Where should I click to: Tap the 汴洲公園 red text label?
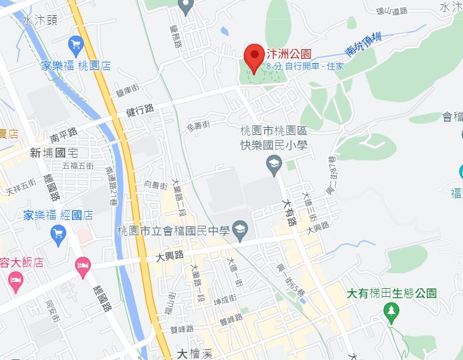point(288,55)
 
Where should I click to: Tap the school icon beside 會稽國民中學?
point(240,231)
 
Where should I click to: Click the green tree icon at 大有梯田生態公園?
point(392,311)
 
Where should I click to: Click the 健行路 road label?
point(140,110)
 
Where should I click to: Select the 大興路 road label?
point(170,255)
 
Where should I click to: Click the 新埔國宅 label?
point(53,152)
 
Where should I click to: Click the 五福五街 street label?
point(78,166)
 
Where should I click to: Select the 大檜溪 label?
point(194,353)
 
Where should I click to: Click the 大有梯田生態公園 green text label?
point(392,293)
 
